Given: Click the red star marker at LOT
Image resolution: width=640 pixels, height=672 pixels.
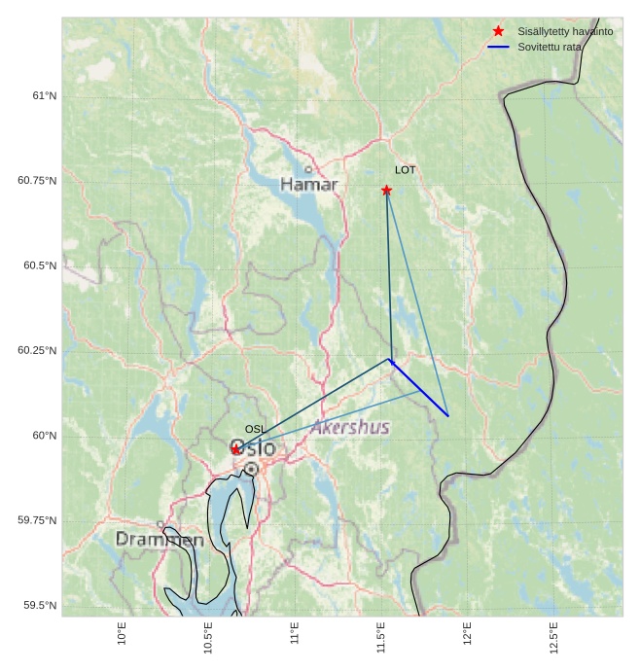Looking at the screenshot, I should [386, 190].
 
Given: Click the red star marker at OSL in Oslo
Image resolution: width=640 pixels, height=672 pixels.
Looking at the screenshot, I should [236, 449].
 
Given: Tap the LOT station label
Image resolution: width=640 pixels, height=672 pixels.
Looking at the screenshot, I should [405, 170].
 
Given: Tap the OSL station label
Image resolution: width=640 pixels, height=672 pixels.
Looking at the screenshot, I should [255, 429].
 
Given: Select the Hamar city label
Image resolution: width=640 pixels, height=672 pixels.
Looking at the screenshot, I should [308, 185].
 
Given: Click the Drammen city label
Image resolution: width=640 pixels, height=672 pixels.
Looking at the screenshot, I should [160, 540].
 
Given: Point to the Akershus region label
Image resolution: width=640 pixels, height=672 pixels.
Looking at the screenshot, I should [350, 428].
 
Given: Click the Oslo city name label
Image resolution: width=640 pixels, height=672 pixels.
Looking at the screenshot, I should [255, 449].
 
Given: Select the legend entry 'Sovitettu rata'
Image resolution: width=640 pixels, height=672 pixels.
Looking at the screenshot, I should [550, 47].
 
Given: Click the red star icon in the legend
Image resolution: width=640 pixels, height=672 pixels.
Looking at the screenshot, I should [499, 31].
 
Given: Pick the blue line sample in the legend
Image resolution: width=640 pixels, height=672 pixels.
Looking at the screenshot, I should [499, 47].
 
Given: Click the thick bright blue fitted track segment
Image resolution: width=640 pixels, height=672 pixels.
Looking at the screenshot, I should [419, 388].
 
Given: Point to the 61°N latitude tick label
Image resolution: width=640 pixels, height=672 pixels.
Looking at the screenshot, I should [44, 96].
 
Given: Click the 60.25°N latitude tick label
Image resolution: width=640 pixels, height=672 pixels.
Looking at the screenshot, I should [37, 351].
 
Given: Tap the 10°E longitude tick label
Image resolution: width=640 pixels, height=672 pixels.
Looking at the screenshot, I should [123, 633].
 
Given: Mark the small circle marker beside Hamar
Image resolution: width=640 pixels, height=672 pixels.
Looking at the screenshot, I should [308, 169].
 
